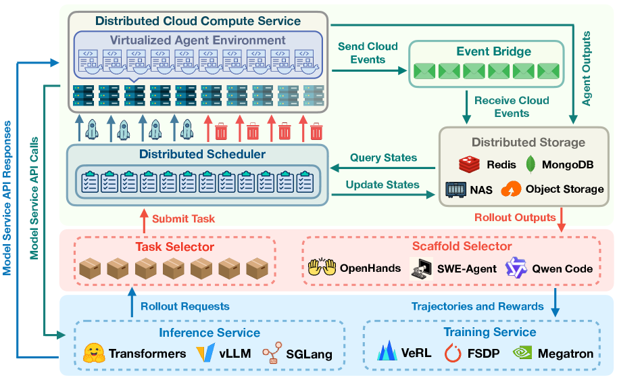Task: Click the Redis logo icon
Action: point(470,164)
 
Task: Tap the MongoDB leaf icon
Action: point(531,164)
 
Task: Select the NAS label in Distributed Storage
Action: point(481,189)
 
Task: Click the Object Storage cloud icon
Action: point(511,189)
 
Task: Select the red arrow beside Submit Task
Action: point(143,218)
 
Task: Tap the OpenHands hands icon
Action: point(322,267)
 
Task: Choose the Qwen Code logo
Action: point(515,267)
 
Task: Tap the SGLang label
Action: point(310,354)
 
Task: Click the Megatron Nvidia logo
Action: point(522,353)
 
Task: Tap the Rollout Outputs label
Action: point(516,217)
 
